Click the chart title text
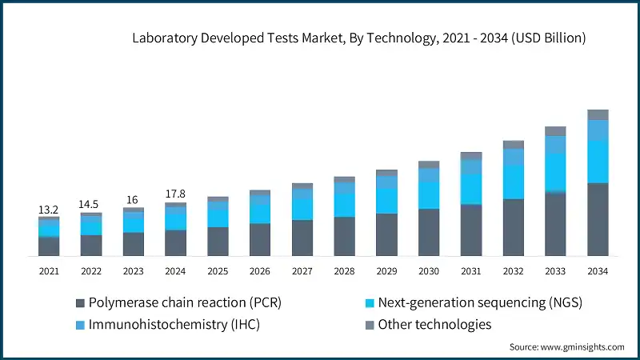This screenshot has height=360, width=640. point(359,38)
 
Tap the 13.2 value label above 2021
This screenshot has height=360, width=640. point(49,210)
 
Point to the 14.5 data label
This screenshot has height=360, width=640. point(91,205)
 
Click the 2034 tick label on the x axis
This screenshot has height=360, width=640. point(598,271)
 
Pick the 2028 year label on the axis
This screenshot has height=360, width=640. point(344,271)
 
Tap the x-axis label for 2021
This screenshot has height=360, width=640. point(49,271)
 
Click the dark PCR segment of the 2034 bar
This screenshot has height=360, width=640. point(598,219)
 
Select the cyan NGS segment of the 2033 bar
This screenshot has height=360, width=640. point(555,172)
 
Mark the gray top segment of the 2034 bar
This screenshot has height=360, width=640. point(598,114)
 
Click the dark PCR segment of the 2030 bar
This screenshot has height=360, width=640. point(429,232)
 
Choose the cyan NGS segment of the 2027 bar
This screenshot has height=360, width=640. point(302,209)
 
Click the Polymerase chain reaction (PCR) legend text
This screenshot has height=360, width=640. point(185,303)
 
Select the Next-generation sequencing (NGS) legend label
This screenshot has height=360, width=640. point(479,303)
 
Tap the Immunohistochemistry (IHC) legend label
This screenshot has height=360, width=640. point(174,325)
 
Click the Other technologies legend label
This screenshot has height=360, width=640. point(434,325)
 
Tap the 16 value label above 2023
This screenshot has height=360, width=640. point(133,199)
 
